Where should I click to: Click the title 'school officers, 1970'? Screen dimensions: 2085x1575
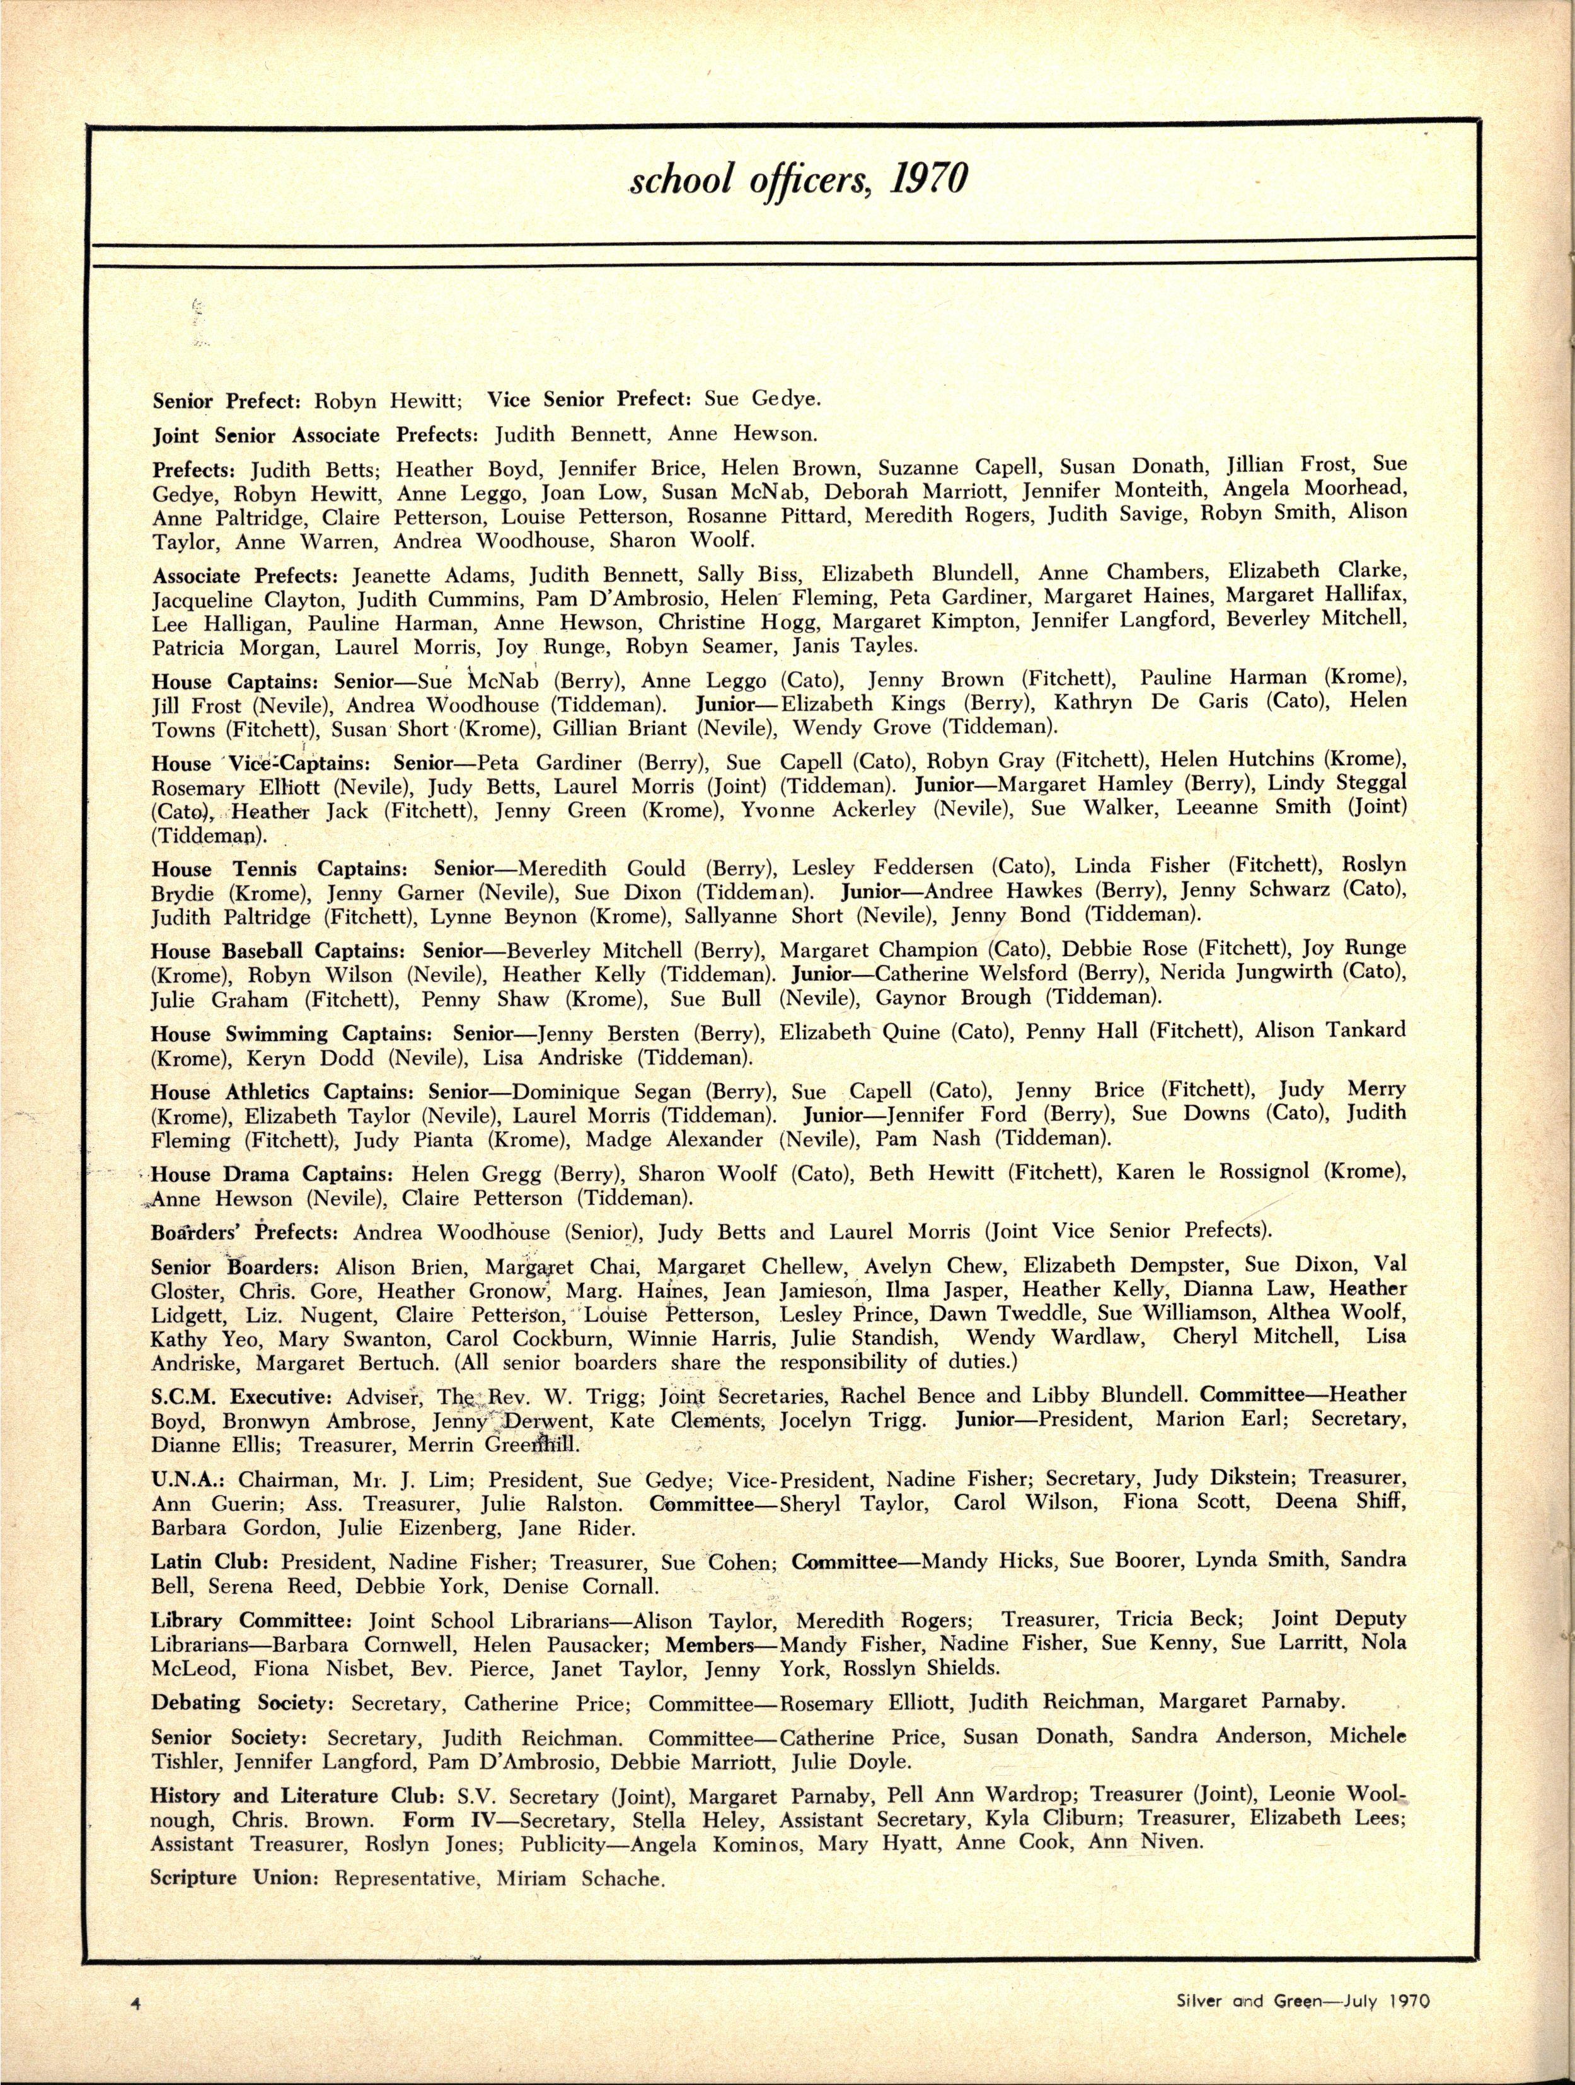tap(799, 179)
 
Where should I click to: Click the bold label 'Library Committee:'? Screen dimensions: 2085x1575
tap(251, 1621)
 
